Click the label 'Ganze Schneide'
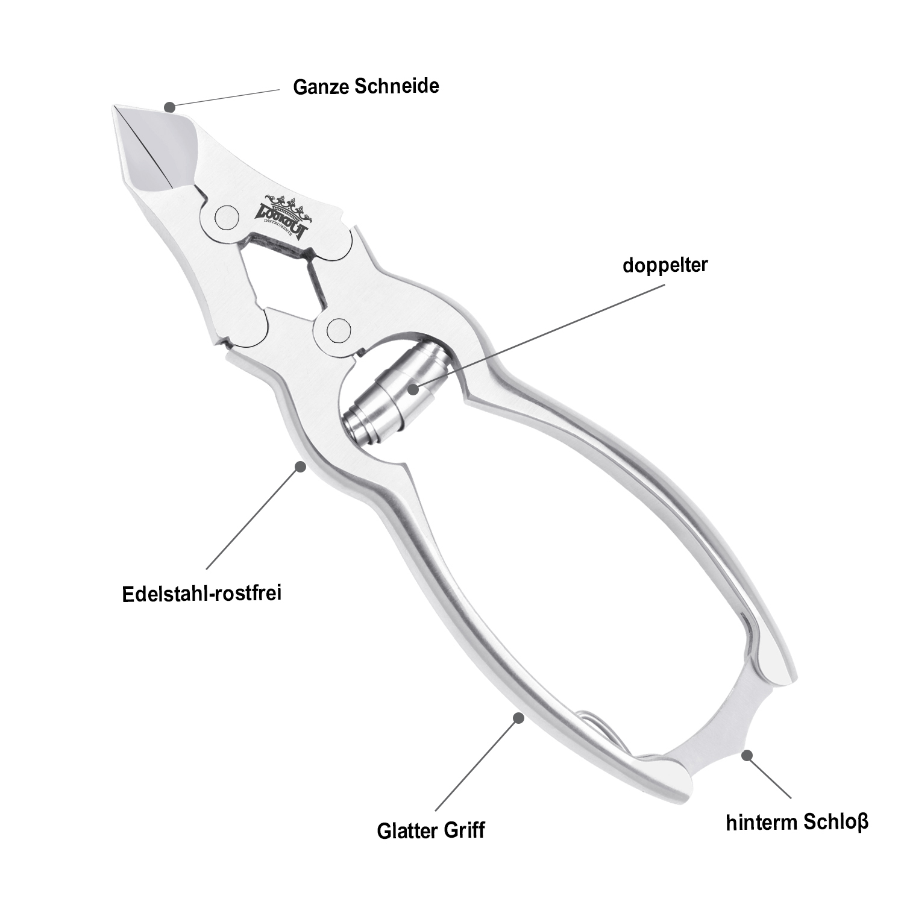(366, 86)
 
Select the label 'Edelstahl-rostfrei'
(202, 594)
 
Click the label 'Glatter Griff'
(431, 830)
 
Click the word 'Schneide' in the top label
(397, 86)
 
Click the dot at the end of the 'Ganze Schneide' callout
(170, 107)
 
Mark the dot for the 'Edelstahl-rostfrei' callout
(300, 465)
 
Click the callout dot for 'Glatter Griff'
(517, 717)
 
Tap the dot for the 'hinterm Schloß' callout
(747, 755)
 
